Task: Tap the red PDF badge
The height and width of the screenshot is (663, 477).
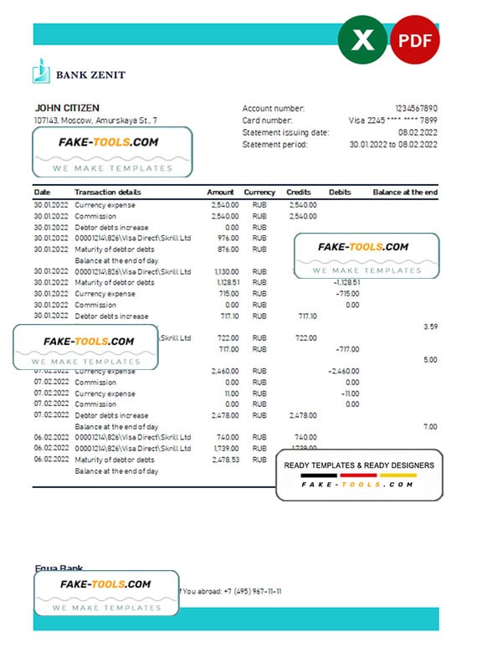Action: pyautogui.click(x=415, y=39)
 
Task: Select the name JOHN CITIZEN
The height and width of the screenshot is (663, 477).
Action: pyautogui.click(x=66, y=108)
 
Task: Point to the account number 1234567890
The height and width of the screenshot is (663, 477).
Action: pyautogui.click(x=416, y=109)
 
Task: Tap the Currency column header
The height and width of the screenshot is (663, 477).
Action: pyautogui.click(x=259, y=193)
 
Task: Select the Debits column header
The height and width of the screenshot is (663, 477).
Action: pyautogui.click(x=340, y=193)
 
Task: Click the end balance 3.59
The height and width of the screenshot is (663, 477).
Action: pyautogui.click(x=430, y=326)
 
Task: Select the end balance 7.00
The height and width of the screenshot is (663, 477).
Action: pyautogui.click(x=430, y=427)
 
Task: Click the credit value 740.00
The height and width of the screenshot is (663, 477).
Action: pyautogui.click(x=305, y=437)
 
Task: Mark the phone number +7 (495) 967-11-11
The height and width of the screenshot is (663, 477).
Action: pyautogui.click(x=252, y=591)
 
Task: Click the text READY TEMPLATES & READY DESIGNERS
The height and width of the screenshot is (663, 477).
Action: pyautogui.click(x=359, y=465)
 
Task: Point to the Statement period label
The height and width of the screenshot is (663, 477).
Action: pyautogui.click(x=274, y=144)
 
